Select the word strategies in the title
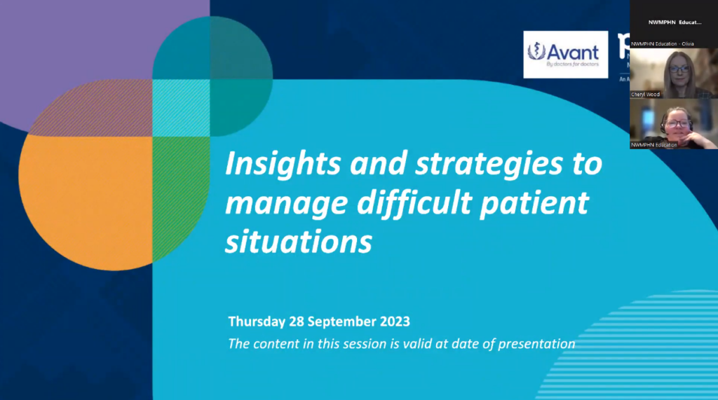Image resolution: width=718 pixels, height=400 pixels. point(468,164)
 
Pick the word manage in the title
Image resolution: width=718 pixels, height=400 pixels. point(289,203)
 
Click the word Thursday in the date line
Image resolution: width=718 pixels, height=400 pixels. point(257,322)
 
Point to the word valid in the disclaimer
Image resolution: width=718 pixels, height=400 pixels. point(396,344)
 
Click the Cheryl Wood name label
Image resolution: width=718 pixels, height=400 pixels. point(646,94)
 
